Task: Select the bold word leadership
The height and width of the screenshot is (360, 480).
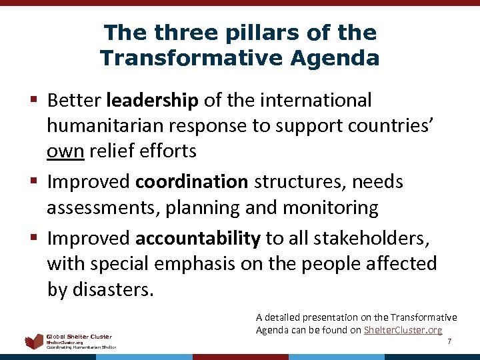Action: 152,101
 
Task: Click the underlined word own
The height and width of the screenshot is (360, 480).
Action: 65,151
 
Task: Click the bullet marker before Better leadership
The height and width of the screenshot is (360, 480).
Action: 34,101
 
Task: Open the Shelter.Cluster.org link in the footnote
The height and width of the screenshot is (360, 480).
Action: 402,330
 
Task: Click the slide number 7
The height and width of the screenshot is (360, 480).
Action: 449,341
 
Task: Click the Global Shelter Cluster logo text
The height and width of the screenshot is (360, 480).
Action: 79,337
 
